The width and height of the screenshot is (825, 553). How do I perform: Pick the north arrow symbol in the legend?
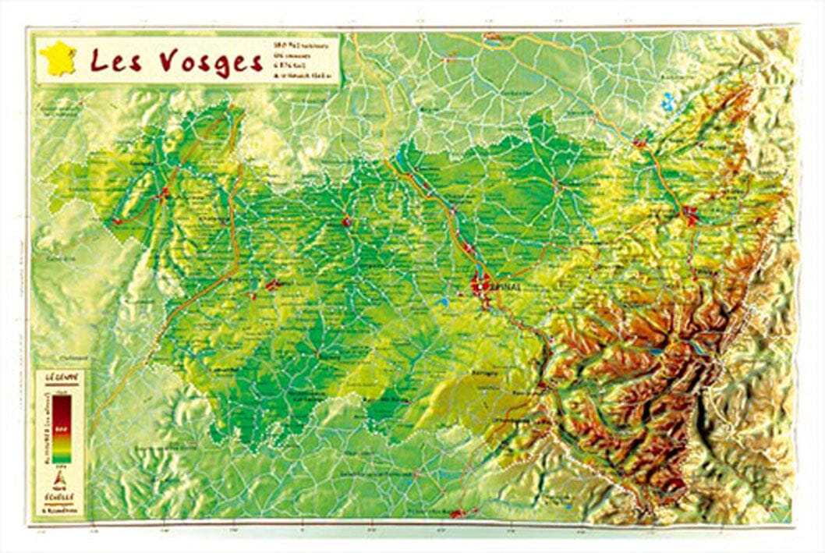pyautogui.click(x=59, y=477)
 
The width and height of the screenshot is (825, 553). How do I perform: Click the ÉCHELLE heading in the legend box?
pyautogui.click(x=60, y=495)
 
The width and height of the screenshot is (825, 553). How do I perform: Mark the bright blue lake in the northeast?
pyautogui.click(x=667, y=101)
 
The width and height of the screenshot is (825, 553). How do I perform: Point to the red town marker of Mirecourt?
pyautogui.click(x=346, y=223)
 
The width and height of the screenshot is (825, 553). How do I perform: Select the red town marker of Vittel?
pyautogui.click(x=273, y=285)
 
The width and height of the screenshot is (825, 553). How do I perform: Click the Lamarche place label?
pyautogui.click(x=227, y=367)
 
